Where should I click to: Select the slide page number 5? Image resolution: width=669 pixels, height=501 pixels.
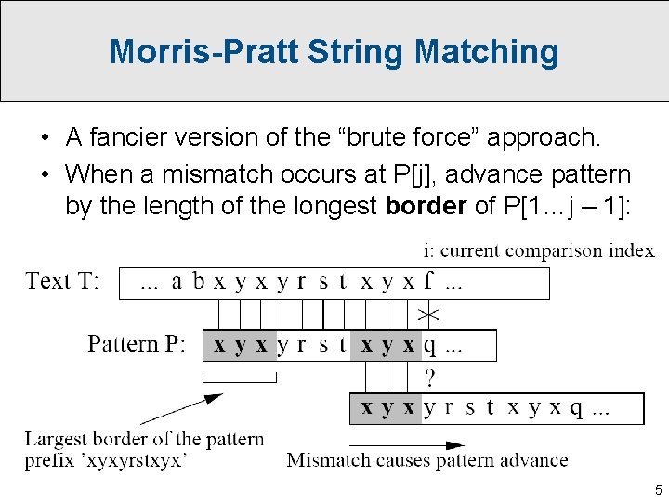[658, 489]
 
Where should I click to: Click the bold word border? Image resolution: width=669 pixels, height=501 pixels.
[425, 205]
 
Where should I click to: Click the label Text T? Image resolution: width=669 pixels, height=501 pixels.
[63, 280]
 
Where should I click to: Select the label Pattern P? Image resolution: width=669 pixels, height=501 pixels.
[137, 344]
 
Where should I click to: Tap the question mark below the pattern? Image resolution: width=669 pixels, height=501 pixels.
[429, 378]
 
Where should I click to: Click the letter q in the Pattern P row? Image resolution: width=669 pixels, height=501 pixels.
[429, 347]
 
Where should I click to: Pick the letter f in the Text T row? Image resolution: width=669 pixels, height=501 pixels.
[428, 281]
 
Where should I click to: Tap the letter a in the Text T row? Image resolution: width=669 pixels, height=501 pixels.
[177, 281]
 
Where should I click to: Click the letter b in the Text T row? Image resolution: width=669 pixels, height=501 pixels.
[198, 281]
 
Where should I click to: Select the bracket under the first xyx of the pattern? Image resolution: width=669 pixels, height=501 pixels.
[240, 377]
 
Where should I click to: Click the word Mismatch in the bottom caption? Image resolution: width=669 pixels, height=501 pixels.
[328, 460]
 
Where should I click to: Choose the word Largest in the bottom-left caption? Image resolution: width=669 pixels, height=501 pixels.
[58, 439]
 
